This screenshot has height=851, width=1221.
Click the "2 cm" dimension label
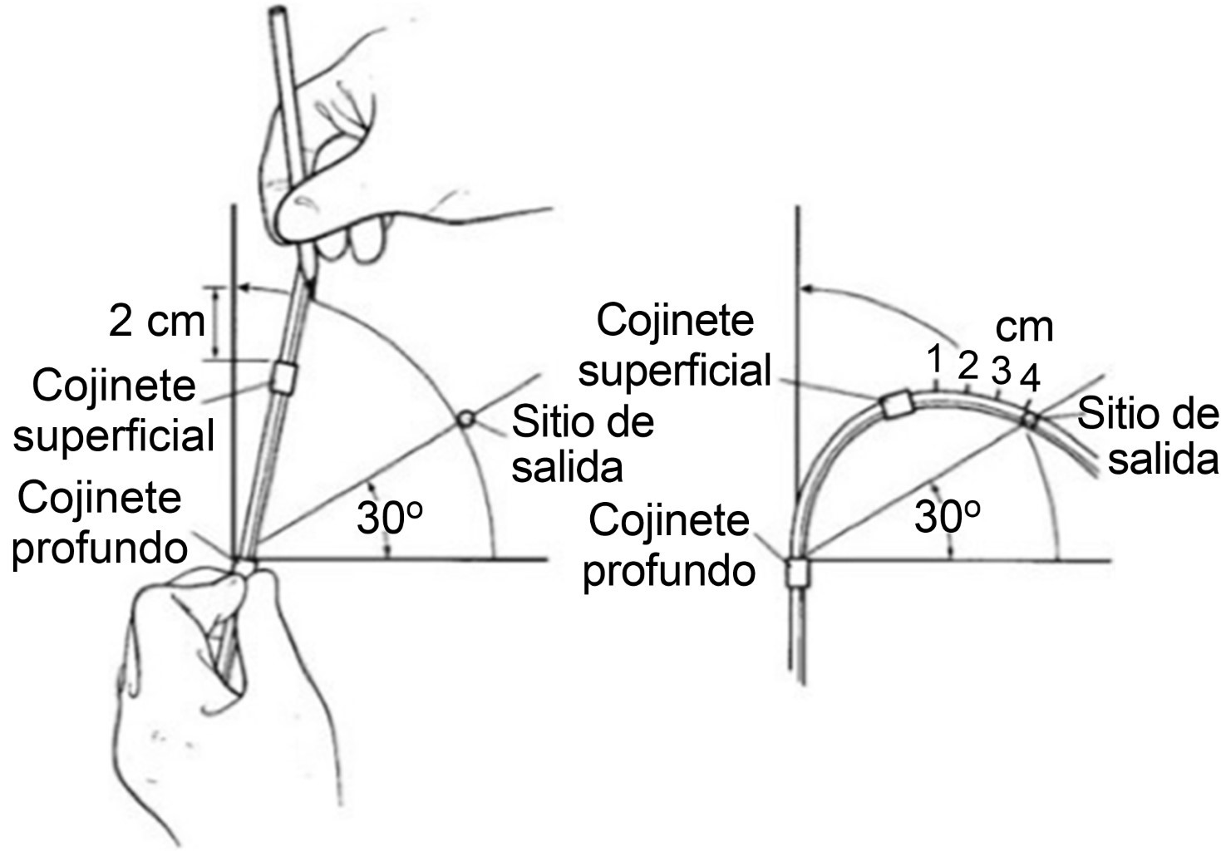pyautogui.click(x=156, y=321)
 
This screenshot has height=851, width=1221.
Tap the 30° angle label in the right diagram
pyautogui.click(x=947, y=517)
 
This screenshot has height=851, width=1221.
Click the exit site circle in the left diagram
pyautogui.click(x=466, y=418)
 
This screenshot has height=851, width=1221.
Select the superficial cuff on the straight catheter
pyautogui.click(x=282, y=376)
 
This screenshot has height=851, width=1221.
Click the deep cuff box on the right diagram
pyautogui.click(x=798, y=572)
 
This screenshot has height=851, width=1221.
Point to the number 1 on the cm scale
pyautogui.click(x=935, y=359)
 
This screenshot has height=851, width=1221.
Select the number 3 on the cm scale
pyautogui.click(x=1001, y=370)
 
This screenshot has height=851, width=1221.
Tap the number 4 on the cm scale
pyautogui.click(x=1029, y=380)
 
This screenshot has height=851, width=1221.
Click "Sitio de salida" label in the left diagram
pyautogui.click(x=582, y=445)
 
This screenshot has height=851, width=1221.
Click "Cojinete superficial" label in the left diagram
pyautogui.click(x=114, y=411)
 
